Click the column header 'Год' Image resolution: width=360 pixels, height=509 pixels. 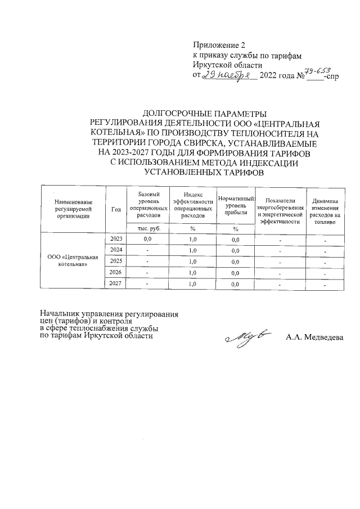[x=116, y=209]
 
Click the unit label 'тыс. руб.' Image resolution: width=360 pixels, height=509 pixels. [x=149, y=228]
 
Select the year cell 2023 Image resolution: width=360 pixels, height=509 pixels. [x=116, y=239]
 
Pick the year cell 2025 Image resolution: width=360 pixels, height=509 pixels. [x=116, y=262]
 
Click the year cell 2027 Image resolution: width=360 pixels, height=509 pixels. [x=116, y=284]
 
